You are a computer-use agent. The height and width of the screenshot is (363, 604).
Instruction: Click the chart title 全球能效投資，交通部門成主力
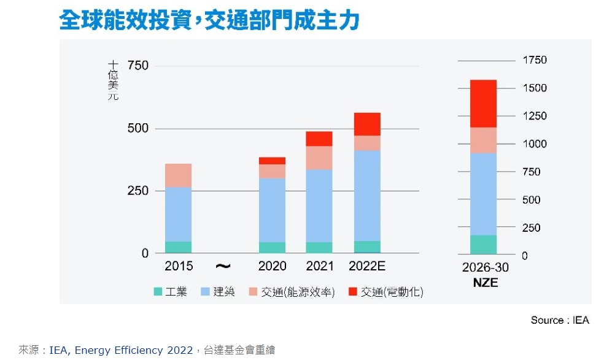(x=209, y=20)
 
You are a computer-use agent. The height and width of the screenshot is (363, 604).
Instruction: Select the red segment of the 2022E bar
(x=367, y=124)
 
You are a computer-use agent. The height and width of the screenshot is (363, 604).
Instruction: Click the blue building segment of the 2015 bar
(x=178, y=214)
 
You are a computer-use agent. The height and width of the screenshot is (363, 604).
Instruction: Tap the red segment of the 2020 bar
(x=272, y=161)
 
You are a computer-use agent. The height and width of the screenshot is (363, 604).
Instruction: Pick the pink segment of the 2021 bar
(x=319, y=158)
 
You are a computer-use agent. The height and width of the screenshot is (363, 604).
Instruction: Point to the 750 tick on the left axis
(x=137, y=66)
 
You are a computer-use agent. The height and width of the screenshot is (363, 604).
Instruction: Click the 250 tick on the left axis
(x=137, y=191)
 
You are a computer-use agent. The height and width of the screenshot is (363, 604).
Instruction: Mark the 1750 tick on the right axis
(x=534, y=60)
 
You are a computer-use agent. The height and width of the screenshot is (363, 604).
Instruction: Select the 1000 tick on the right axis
(x=534, y=144)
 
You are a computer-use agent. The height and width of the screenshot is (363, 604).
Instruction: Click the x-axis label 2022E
(x=366, y=266)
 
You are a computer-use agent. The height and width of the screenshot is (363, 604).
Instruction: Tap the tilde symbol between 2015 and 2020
(x=223, y=266)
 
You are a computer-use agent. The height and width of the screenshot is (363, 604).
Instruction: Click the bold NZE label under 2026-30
(x=485, y=283)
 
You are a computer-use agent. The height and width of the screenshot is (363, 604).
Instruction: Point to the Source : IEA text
(x=559, y=320)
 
